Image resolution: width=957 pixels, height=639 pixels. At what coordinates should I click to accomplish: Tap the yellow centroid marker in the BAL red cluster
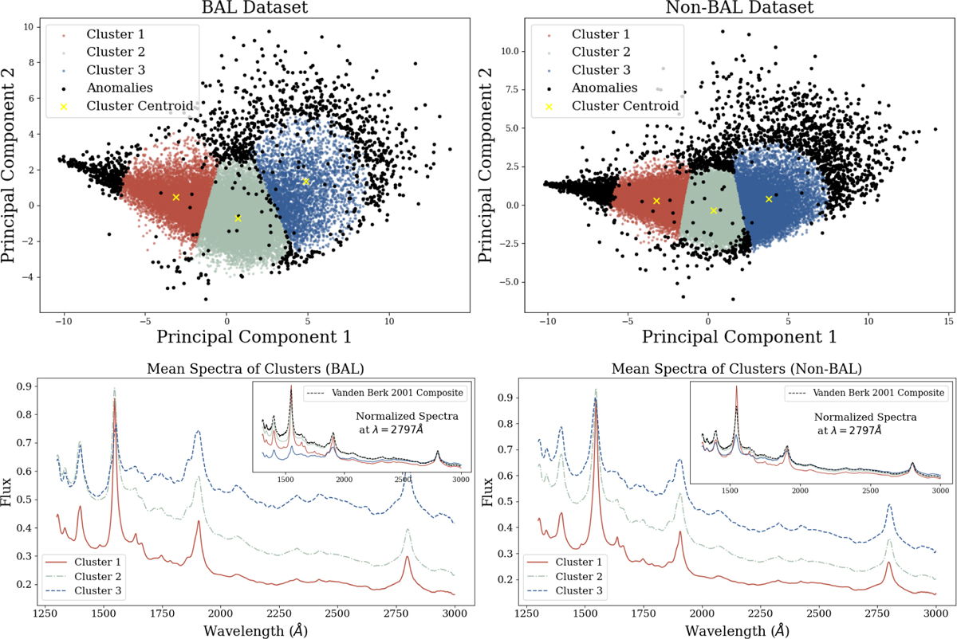point(176,197)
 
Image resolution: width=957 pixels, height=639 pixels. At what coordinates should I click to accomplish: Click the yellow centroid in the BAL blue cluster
point(305,182)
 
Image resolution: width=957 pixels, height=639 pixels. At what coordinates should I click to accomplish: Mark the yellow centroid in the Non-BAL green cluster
point(714,210)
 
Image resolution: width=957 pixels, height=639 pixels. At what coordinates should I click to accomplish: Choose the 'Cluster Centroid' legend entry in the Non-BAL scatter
point(619,106)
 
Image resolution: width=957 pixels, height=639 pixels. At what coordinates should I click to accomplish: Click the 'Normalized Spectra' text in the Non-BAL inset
point(864,417)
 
